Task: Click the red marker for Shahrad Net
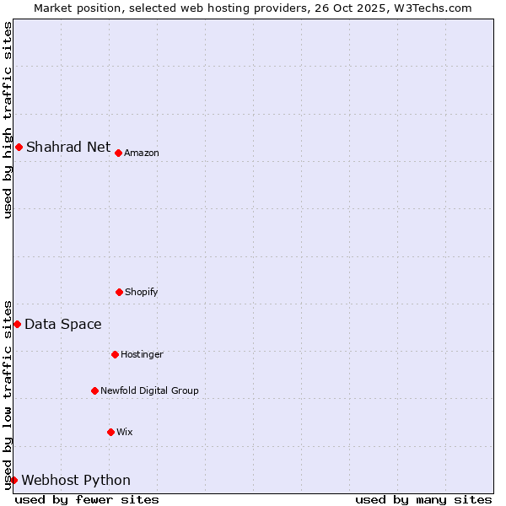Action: coord(19,147)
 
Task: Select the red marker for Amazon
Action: coord(119,153)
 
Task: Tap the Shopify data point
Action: coord(119,292)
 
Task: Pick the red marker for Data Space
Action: coord(17,324)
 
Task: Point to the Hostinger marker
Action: coord(115,354)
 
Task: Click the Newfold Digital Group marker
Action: coord(94,390)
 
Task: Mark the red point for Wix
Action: coord(110,432)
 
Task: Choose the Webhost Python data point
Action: coord(13,480)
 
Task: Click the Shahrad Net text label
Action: coord(68,147)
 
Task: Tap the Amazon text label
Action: coord(142,153)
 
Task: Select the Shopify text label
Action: coord(142,292)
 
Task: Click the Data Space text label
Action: coord(63,324)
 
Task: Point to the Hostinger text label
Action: coord(142,354)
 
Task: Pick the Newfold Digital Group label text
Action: coord(149,390)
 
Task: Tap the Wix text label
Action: coord(125,432)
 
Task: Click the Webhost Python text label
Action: coord(76,480)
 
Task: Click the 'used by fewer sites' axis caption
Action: coord(87,499)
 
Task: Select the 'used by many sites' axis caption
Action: coord(423,499)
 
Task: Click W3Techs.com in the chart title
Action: coord(430,8)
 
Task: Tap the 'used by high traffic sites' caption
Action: coord(8,120)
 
